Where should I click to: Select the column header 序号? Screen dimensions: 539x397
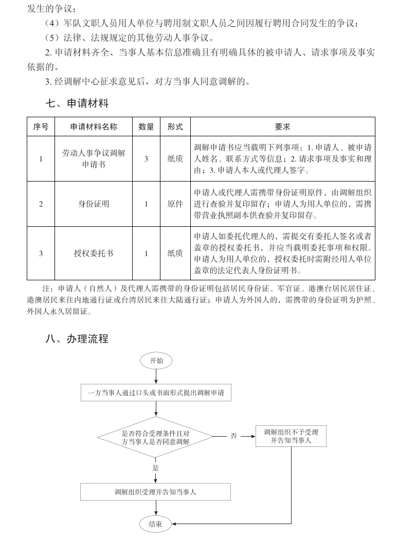click(x=41, y=127)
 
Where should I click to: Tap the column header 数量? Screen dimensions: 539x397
click(x=146, y=127)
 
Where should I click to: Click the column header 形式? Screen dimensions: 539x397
click(x=175, y=127)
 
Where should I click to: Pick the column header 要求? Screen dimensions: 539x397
click(x=282, y=127)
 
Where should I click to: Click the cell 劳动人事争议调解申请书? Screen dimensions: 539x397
click(x=94, y=158)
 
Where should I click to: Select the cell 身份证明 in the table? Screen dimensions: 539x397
click(x=94, y=204)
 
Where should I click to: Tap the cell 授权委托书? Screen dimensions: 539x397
click(x=94, y=253)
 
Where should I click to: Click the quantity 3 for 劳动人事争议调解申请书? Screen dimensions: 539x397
click(x=146, y=159)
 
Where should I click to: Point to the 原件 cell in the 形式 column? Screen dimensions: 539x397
click(x=175, y=204)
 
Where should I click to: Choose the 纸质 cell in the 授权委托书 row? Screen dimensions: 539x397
click(x=175, y=253)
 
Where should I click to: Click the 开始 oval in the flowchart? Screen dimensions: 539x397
click(x=156, y=361)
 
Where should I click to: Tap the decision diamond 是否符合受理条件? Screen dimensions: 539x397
click(x=155, y=437)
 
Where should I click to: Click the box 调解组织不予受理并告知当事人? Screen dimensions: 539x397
click(x=291, y=436)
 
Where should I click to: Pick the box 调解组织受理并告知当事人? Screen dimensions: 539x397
click(x=155, y=492)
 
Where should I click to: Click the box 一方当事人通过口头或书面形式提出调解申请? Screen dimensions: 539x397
click(x=155, y=393)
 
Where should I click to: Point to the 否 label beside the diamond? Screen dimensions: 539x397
click(x=234, y=436)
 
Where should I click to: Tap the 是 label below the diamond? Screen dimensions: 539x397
click(x=155, y=468)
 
